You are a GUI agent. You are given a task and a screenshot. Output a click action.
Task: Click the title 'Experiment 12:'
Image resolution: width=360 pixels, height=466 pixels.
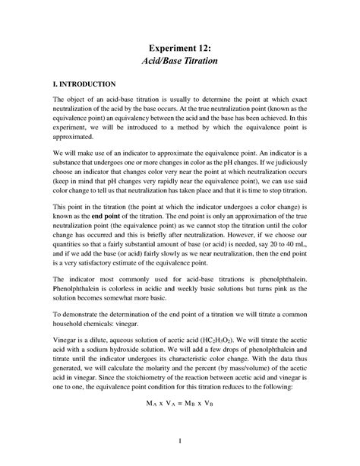[179, 48]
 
